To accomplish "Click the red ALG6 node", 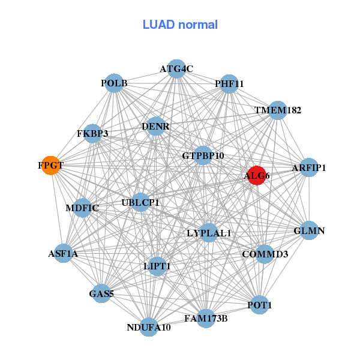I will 256,175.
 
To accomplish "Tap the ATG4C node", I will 176,69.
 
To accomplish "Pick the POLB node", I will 114,83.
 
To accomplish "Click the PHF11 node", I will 229,84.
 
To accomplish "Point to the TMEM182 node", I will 277,110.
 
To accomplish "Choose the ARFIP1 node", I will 308,168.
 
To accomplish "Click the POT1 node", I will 259,305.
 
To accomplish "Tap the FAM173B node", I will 206,318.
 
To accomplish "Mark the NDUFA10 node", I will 149,327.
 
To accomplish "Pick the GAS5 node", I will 101,293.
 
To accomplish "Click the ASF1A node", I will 64,253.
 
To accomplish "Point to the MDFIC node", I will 82,208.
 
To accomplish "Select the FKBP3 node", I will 93,133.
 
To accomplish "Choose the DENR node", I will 156,127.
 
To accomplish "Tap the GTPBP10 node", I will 203,156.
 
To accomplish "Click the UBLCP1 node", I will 140,203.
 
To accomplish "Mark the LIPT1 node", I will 158,266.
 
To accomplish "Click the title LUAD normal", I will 180,25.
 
